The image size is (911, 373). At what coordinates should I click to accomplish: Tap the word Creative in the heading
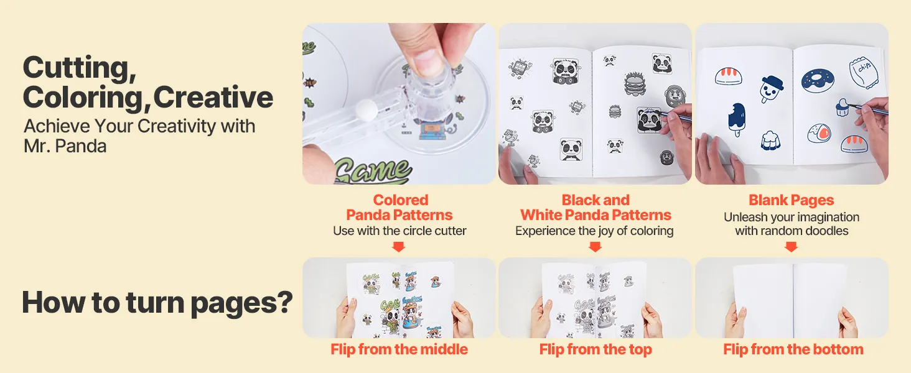pos(213,98)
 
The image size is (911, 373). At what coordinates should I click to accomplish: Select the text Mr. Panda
pos(65,146)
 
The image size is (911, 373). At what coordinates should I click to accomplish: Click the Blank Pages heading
pos(792,200)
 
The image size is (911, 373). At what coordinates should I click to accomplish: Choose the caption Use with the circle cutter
pos(399,231)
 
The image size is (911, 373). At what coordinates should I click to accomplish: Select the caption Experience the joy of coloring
pos(594,231)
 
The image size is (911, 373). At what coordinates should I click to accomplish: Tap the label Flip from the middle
pos(399,349)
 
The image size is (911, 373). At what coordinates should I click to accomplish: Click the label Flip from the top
pos(596,349)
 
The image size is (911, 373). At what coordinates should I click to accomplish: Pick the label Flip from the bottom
pos(793,349)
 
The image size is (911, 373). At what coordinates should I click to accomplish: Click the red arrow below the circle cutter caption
pos(398,247)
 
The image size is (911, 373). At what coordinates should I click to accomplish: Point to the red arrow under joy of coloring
pos(595,247)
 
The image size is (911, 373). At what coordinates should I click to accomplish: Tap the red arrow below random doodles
pos(791,247)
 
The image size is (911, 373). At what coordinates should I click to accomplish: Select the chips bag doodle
pos(863,72)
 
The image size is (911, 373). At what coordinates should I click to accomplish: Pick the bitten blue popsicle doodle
pos(737,119)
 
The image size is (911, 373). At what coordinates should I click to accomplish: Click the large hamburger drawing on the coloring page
pos(635,84)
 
